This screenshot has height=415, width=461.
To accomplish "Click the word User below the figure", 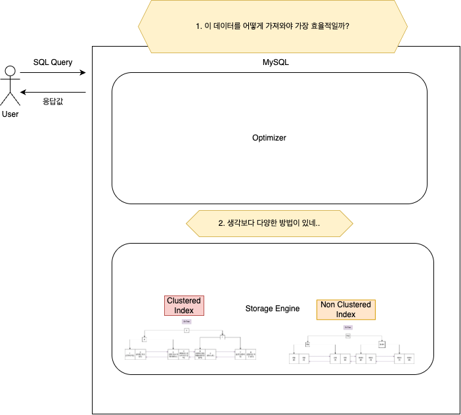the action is point(10,114).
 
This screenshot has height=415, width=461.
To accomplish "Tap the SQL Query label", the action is point(53,62).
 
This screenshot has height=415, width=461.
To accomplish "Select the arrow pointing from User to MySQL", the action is point(53,74).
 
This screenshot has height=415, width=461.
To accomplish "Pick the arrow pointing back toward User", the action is point(53,92).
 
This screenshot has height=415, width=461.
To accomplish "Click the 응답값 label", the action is point(53,102).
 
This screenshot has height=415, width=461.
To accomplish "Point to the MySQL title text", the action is point(276,62).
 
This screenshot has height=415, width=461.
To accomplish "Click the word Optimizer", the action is point(269,138).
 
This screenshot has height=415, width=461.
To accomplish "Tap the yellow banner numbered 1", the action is point(273,27).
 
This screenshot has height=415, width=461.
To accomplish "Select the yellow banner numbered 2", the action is point(269,223).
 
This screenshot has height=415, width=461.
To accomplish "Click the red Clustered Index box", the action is point(184,305).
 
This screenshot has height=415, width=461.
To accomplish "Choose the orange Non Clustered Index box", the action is point(345,309).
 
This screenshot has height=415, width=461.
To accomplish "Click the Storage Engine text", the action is point(272,308).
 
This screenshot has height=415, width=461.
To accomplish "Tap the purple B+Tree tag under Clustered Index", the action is point(187,321).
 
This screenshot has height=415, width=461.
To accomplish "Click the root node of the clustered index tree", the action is point(187,330).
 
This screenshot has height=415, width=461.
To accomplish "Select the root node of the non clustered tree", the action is point(348,334).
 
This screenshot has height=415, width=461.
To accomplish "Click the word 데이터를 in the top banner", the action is point(223,27).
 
